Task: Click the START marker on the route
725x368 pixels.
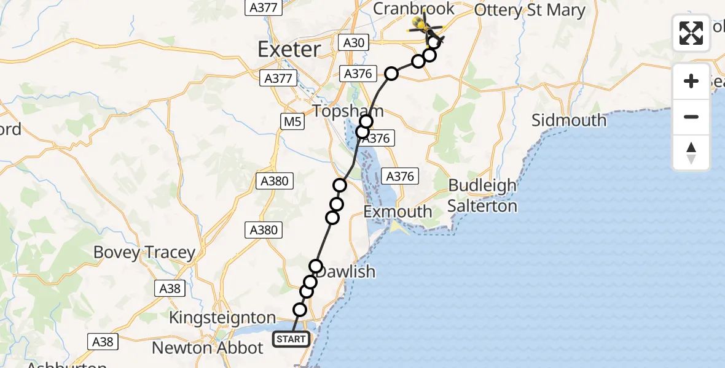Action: (x=291, y=339)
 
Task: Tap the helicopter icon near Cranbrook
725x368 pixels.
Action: (x=423, y=25)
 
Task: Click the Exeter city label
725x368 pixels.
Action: (x=289, y=49)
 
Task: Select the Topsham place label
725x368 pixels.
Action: (x=348, y=111)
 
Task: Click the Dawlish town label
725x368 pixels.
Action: (x=347, y=271)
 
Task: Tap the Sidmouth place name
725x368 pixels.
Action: (x=569, y=120)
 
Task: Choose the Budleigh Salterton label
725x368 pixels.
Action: (x=482, y=195)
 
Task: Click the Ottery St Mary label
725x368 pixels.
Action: (x=530, y=10)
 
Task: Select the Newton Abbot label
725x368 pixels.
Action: (x=208, y=348)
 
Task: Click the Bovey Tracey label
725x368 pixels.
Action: (x=144, y=252)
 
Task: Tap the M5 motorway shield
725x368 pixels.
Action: (x=292, y=122)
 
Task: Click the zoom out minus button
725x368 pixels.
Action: (x=691, y=117)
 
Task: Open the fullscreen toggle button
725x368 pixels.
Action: (x=691, y=33)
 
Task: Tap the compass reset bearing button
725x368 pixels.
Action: (x=691, y=153)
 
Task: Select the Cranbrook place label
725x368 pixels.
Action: (x=414, y=9)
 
